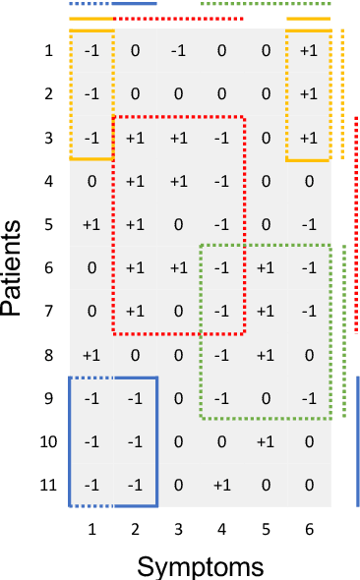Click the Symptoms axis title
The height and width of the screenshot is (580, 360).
tap(200, 565)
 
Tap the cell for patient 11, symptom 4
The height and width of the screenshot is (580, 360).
tap(221, 484)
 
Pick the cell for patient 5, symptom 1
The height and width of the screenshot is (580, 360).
tap(91, 224)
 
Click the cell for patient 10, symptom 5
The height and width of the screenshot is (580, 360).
tap(265, 440)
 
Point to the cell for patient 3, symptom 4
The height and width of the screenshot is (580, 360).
tap(221, 138)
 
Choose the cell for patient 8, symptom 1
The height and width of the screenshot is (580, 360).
tap(91, 354)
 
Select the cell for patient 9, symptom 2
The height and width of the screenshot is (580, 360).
tap(135, 397)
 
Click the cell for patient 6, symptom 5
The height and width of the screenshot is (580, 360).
tap(265, 267)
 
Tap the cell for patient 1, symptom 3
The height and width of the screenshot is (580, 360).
tap(178, 51)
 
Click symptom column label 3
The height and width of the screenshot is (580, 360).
tap(178, 530)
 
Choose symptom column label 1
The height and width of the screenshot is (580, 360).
tap(91, 530)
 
